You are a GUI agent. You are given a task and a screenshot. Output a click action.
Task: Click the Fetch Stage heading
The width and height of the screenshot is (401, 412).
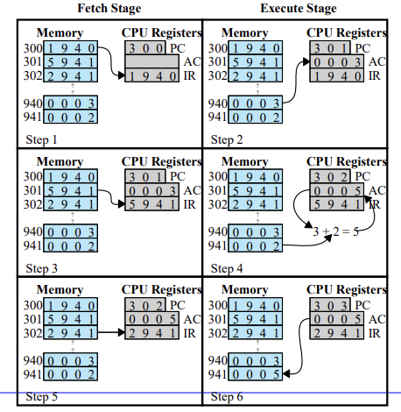(x=109, y=8)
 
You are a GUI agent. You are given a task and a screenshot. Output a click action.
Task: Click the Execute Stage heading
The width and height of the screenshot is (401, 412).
(x=299, y=8)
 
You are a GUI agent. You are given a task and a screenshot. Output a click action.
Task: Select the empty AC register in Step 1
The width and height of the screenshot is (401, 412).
(x=151, y=61)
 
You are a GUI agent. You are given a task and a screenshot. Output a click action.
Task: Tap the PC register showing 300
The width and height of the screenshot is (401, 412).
(x=145, y=48)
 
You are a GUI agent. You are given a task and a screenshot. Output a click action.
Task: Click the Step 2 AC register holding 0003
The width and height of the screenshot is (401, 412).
(x=336, y=61)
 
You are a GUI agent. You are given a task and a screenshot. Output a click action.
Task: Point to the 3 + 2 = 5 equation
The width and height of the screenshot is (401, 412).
(x=335, y=231)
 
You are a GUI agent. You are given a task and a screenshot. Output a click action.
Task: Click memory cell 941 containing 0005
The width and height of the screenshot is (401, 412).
(x=255, y=374)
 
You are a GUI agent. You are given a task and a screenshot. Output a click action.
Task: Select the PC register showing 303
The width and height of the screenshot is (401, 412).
(x=330, y=305)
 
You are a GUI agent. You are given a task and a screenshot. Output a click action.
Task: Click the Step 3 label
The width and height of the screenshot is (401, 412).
(x=41, y=268)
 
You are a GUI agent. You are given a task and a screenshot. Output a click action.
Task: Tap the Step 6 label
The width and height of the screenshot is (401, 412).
(x=227, y=397)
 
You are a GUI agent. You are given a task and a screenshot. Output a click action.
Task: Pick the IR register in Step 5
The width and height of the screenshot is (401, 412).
(x=151, y=333)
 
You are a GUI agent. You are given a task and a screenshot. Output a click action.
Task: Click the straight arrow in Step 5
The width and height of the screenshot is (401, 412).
(x=111, y=332)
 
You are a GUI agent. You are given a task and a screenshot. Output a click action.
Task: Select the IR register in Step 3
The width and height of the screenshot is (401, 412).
(x=151, y=204)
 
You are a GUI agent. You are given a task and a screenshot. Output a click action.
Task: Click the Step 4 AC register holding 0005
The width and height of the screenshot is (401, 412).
(x=336, y=190)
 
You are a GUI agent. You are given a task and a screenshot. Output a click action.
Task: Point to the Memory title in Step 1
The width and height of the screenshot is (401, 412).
(x=60, y=32)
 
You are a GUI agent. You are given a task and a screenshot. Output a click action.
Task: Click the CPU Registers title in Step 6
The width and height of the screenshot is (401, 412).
(x=347, y=289)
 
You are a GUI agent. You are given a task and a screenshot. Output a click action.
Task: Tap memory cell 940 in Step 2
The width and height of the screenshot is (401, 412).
(x=255, y=103)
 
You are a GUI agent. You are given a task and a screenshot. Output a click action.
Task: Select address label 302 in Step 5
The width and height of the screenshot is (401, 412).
(x=32, y=333)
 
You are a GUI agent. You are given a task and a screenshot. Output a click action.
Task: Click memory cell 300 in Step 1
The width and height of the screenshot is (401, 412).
(x=70, y=48)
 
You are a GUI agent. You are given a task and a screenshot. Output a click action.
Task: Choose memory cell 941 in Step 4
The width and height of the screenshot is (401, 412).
(x=255, y=245)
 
